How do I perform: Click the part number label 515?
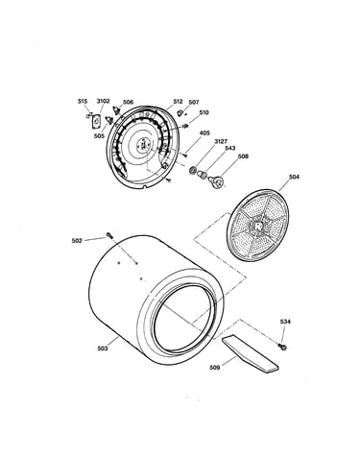(83, 102)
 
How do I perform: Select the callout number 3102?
(103, 101)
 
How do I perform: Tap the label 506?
(128, 102)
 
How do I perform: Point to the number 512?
(178, 102)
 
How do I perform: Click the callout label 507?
(194, 102)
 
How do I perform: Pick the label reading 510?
(204, 112)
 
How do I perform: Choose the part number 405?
(204, 132)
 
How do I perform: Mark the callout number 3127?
(221, 141)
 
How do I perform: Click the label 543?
(230, 148)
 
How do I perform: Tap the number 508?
(243, 156)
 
